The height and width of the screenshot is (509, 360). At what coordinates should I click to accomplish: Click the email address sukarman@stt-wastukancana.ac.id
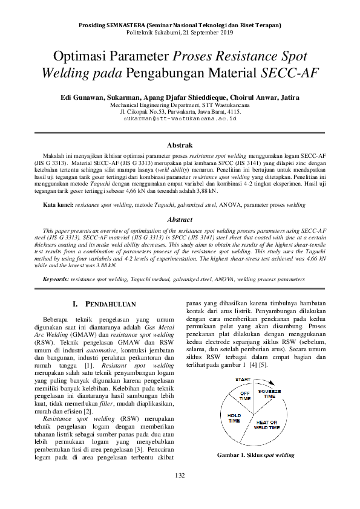(179, 120)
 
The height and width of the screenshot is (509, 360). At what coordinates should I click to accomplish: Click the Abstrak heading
(179, 146)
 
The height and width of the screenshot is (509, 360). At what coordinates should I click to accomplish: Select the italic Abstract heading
(179, 219)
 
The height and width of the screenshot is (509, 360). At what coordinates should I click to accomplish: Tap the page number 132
(179, 493)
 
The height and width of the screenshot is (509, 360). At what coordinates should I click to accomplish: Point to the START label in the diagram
(243, 379)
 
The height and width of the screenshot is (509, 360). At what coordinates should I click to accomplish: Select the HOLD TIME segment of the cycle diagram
(234, 418)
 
